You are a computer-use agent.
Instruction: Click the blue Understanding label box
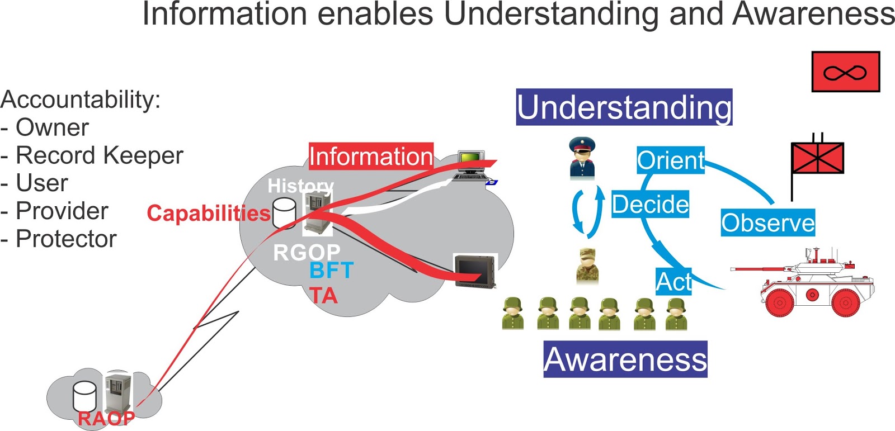624,107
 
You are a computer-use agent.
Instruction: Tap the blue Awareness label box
625,359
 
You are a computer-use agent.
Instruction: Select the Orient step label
670,160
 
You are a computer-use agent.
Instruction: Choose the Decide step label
650,204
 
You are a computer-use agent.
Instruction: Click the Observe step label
767,222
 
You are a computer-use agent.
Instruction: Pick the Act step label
673,281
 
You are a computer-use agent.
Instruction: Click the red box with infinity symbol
845,72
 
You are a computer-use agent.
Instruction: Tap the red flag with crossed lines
817,158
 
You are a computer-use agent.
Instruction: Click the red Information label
371,156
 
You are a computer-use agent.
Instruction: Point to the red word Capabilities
208,214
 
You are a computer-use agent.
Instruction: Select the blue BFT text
331,271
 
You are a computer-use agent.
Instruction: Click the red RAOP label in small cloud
106,418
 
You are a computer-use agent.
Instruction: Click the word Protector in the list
66,239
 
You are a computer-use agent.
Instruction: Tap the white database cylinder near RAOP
84,396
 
